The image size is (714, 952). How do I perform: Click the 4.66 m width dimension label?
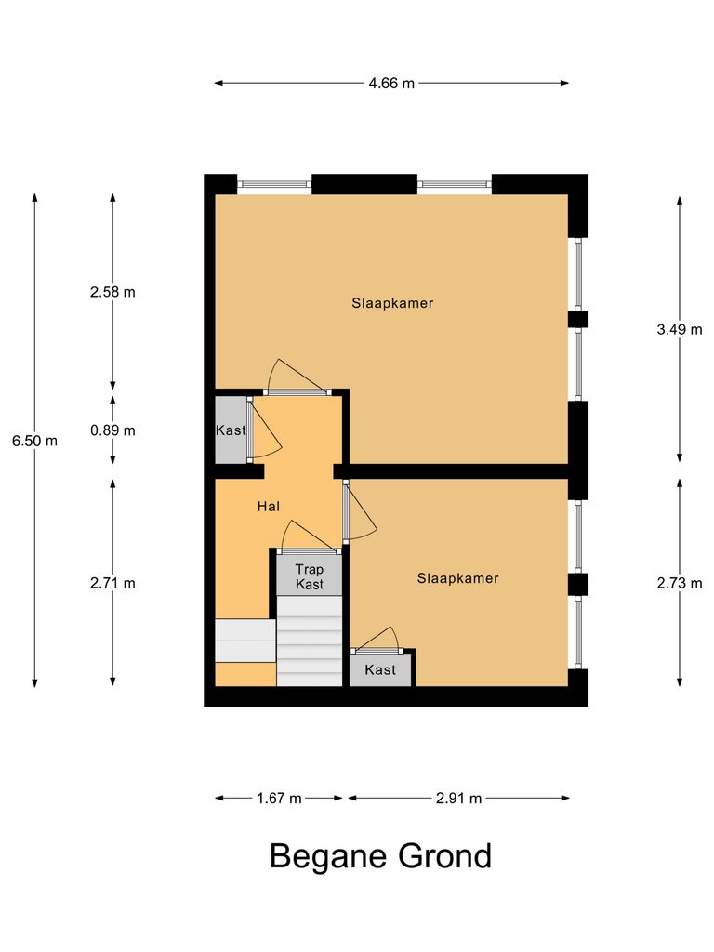tap(391, 83)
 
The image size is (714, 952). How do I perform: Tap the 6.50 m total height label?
tap(35, 441)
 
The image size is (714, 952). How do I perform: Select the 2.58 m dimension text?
tap(112, 292)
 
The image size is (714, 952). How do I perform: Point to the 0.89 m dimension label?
tap(112, 430)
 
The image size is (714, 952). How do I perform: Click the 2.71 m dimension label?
tap(112, 583)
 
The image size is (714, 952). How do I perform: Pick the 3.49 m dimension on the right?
tap(680, 329)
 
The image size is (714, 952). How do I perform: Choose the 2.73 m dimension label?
tap(680, 583)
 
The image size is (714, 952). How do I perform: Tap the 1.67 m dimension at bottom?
tap(279, 798)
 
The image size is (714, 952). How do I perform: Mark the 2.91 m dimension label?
tap(457, 798)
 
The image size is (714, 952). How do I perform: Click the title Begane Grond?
tap(380, 856)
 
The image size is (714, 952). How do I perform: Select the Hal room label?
tap(269, 507)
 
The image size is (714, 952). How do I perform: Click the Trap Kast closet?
tap(310, 576)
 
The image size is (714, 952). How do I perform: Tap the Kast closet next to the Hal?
tap(231, 430)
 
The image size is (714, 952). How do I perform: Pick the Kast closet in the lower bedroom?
tap(380, 670)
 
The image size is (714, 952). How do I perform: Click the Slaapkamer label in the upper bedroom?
tap(392, 303)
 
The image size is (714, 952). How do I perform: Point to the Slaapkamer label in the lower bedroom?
tap(457, 578)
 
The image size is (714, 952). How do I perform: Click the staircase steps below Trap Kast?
tap(311, 641)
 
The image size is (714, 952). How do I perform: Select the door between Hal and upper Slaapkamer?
tap(296, 381)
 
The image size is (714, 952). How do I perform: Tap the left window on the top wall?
tap(274, 184)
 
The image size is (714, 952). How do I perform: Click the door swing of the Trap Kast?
tap(307, 537)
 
